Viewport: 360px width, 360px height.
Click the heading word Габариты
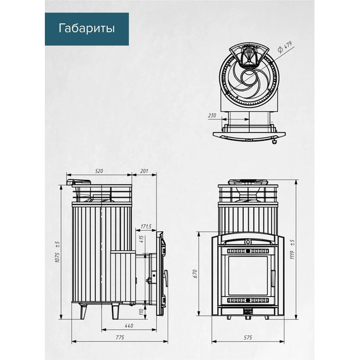click(87, 28)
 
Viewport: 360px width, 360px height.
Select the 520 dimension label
click(99, 171)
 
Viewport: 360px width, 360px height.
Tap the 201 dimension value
click(144, 171)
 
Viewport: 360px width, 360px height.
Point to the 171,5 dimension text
click(146, 227)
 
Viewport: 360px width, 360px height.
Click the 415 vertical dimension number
click(141, 239)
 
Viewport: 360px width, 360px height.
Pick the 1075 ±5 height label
click(57, 252)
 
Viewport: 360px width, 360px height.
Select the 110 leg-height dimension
click(141, 311)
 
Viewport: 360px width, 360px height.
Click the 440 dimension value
click(129, 325)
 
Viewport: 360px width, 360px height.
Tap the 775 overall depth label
click(120, 337)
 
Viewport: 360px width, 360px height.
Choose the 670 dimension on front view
click(195, 274)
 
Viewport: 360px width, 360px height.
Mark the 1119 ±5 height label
click(292, 249)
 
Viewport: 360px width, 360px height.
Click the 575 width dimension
click(248, 337)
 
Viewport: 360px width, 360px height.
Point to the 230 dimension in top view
click(212, 116)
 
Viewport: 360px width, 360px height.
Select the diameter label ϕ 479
click(285, 47)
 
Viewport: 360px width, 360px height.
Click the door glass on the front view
click(248, 275)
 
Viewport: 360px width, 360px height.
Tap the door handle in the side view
click(166, 278)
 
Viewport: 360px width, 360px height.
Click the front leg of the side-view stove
click(115, 311)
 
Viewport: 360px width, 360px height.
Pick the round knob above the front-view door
click(248, 242)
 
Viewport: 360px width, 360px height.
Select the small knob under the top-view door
click(274, 141)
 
